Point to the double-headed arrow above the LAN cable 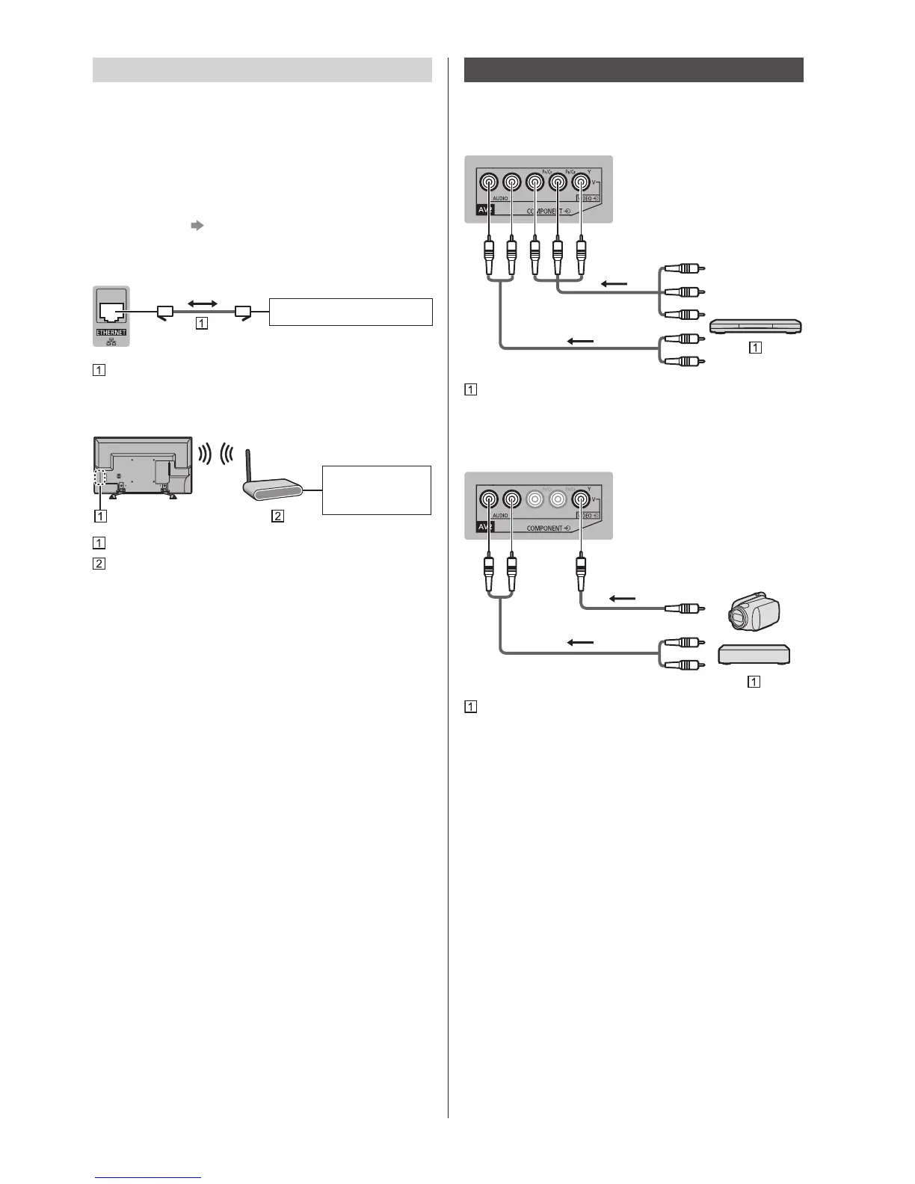click(x=202, y=303)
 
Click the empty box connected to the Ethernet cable click(x=351, y=312)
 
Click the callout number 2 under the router click(x=277, y=515)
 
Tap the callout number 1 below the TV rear click(x=100, y=515)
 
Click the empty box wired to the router click(x=376, y=490)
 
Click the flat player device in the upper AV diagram click(x=755, y=326)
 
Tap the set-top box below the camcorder click(x=754, y=655)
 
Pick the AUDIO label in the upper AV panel click(x=501, y=198)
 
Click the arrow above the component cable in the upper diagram click(x=616, y=283)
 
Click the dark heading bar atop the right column click(x=633, y=70)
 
